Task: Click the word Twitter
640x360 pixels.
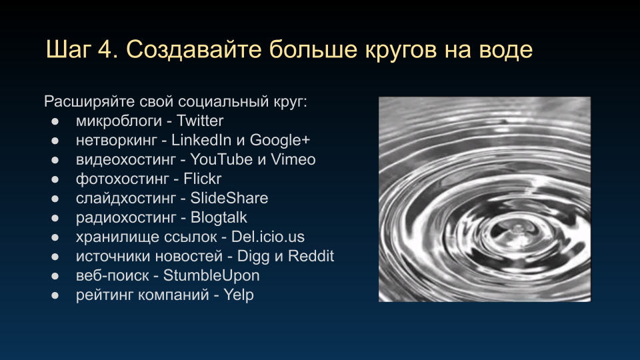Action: (200, 121)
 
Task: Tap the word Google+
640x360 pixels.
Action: (280, 141)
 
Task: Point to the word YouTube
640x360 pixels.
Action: (221, 159)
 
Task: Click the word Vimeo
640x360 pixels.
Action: (293, 159)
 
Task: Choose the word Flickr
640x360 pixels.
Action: (203, 179)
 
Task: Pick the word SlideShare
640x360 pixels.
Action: (229, 198)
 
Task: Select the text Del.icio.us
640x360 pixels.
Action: (268, 237)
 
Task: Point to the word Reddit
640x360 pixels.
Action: (311, 256)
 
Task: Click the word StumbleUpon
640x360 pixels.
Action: (211, 276)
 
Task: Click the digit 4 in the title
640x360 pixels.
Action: (104, 50)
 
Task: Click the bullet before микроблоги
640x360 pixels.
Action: (55, 121)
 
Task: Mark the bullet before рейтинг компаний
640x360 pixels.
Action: (55, 295)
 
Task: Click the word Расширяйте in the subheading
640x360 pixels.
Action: (89, 101)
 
